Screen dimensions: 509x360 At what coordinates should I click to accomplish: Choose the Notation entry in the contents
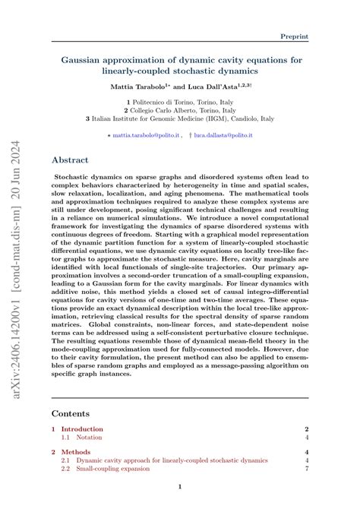(91, 438)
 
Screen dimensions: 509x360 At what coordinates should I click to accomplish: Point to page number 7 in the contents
(306, 469)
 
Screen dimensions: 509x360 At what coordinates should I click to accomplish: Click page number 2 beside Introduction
(306, 429)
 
